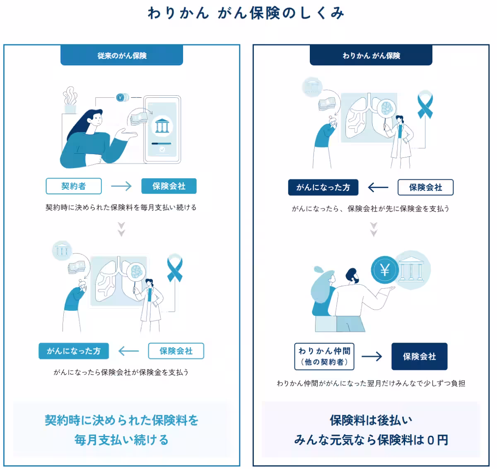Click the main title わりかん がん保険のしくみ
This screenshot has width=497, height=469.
click(x=246, y=13)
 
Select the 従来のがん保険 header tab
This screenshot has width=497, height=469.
click(x=122, y=56)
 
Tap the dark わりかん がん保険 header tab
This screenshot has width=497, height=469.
click(x=371, y=56)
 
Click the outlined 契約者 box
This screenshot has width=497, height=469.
click(x=74, y=186)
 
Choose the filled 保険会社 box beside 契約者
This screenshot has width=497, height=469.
click(x=169, y=186)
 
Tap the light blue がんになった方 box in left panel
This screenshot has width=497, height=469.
click(x=74, y=351)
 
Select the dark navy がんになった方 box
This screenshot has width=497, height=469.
click(x=323, y=187)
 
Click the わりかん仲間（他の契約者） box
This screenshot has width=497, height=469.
click(x=324, y=356)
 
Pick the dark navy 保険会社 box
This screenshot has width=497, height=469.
click(x=419, y=356)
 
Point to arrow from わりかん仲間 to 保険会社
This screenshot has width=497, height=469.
click(x=372, y=356)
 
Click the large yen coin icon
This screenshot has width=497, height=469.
click(x=384, y=270)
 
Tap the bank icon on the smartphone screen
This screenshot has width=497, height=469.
click(x=162, y=125)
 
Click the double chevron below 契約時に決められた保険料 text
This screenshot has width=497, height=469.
click(x=121, y=229)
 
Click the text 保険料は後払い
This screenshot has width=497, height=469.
click(x=371, y=420)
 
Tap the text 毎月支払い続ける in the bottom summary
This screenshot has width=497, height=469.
click(x=121, y=440)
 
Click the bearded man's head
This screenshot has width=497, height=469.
click(x=352, y=275)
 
